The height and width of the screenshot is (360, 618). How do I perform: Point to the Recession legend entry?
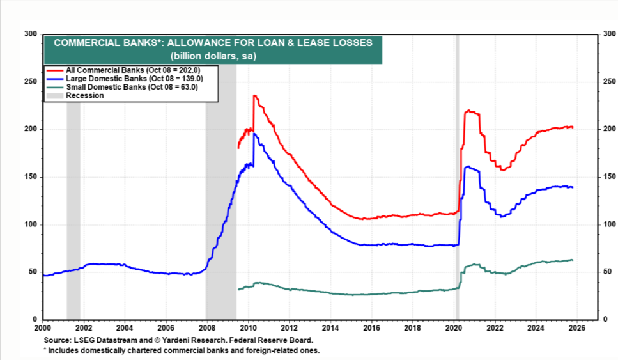(84, 95)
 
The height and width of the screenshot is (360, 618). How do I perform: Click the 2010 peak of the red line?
(254, 96)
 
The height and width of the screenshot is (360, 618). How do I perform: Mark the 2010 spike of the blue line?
(254, 134)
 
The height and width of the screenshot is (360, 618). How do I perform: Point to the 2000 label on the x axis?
(43, 328)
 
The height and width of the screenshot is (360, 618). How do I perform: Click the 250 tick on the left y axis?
(31, 82)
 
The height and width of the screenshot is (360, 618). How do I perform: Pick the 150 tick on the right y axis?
(611, 177)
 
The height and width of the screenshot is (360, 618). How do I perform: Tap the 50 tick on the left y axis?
(33, 272)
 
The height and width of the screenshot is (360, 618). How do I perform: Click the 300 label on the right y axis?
(611, 34)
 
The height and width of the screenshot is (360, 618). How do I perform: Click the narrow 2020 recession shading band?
(457, 192)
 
